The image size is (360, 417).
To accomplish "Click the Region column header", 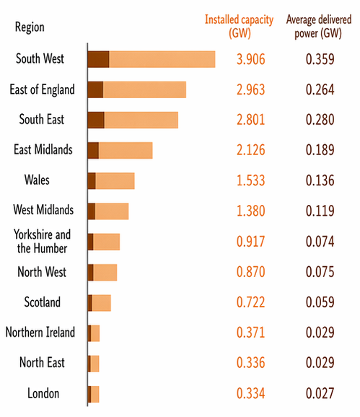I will click(x=29, y=27).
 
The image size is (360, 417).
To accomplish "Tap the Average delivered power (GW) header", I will click(x=320, y=27).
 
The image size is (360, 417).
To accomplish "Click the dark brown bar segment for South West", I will click(x=98, y=59).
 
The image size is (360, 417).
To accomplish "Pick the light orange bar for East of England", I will click(x=144, y=89).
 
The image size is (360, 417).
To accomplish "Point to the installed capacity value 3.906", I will click(x=251, y=59).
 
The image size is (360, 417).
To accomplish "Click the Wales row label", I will click(x=37, y=180).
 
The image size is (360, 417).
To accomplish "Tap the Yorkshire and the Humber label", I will click(x=41, y=241).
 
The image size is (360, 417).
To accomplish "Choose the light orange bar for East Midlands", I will click(x=126, y=150).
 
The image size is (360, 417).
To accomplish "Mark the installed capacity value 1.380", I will click(x=251, y=211).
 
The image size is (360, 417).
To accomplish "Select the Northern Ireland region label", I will click(x=40, y=333).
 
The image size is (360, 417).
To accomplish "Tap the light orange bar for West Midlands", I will click(x=112, y=211).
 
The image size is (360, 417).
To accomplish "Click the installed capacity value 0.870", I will click(x=251, y=272).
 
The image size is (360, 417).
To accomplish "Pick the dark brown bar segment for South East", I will click(x=96, y=120).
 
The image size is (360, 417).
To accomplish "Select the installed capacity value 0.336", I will click(x=251, y=363).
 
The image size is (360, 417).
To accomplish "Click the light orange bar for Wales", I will click(x=115, y=180).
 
